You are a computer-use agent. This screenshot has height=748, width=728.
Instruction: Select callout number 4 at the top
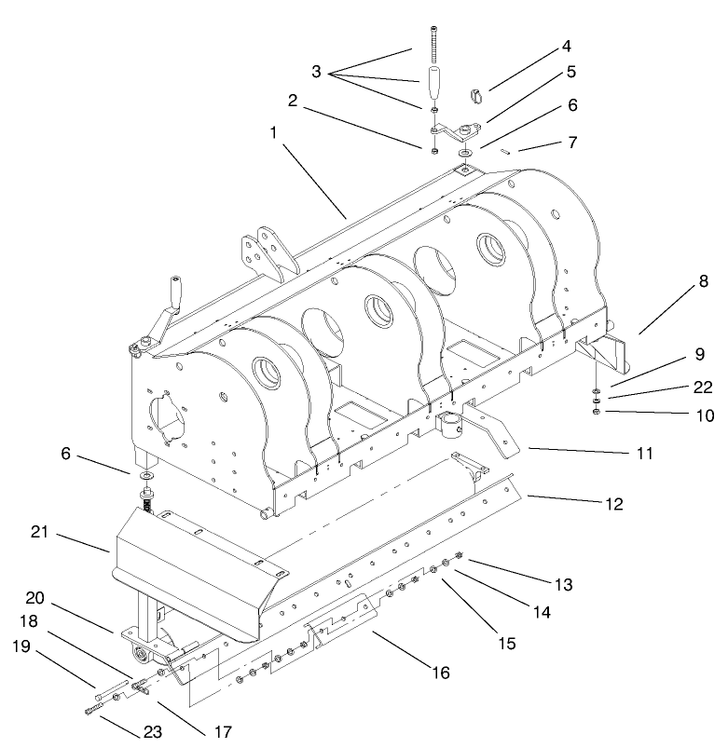click(566, 45)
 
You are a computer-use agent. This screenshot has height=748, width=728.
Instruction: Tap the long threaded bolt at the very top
click(436, 41)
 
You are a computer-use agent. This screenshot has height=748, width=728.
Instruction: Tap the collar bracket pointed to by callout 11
click(452, 427)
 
